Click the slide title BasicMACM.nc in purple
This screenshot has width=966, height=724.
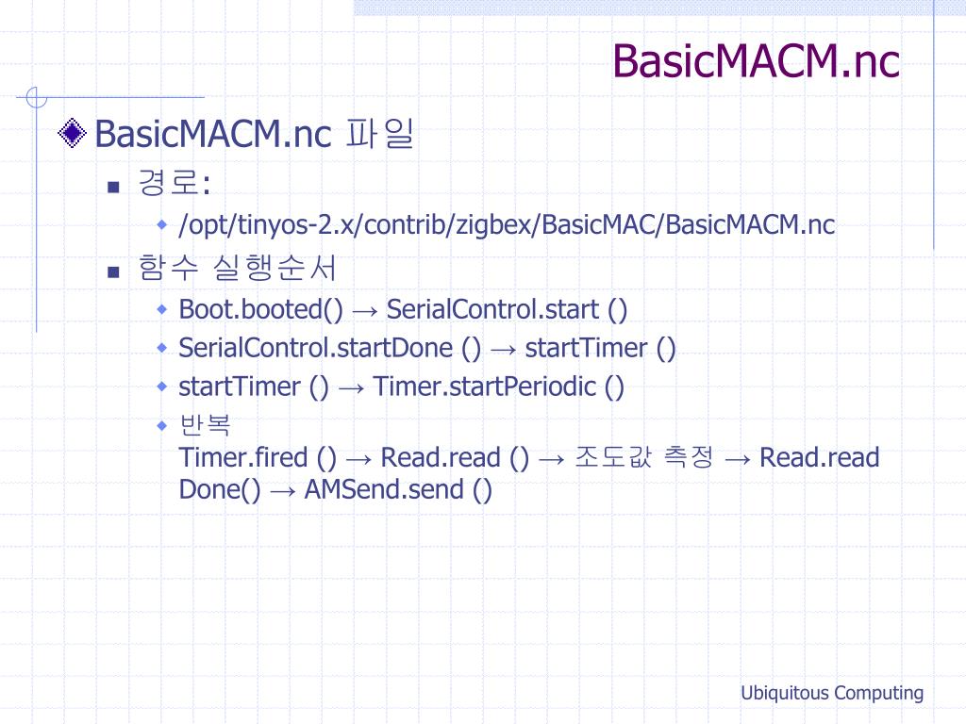coord(756,61)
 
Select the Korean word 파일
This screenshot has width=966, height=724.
coord(380,134)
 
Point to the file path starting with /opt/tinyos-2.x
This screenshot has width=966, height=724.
coord(507,225)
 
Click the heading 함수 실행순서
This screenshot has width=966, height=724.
coord(237,270)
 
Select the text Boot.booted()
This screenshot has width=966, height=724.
coord(261,309)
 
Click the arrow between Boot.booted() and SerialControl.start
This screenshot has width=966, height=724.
coord(364,310)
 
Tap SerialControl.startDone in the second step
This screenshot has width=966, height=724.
coord(317,348)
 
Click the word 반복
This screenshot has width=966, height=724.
coord(204,425)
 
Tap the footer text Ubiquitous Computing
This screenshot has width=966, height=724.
coord(831,693)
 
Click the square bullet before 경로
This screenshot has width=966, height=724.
coord(113,186)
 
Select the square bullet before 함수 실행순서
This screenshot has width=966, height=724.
coord(113,272)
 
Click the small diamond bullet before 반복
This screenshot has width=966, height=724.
coord(162,425)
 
